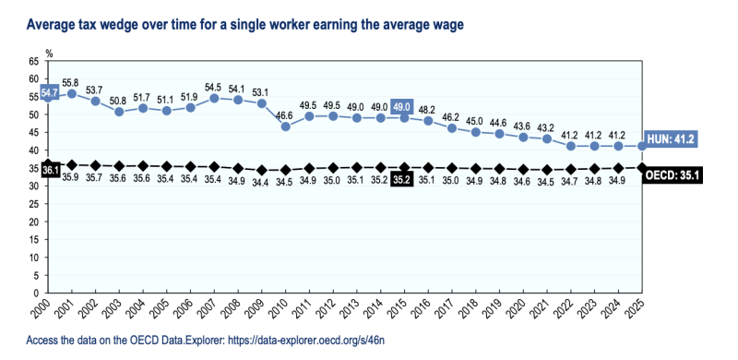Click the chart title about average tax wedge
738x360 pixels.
[244, 25]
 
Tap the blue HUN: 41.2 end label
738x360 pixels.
[670, 139]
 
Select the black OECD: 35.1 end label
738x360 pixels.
[673, 175]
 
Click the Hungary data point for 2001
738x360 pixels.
[72, 94]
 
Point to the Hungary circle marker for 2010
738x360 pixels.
[286, 126]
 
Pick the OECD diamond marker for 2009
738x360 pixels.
[262, 170]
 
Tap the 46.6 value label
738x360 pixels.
[286, 116]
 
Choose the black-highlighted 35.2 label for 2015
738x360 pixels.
[402, 179]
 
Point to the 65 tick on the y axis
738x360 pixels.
[33, 61]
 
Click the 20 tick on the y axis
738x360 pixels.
[33, 222]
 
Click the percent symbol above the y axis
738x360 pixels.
[49, 54]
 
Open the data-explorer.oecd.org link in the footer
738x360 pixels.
[306, 341]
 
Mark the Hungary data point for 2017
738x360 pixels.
[452, 128]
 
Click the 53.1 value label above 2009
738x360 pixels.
[262, 92]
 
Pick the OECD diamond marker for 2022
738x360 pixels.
[571, 169]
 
